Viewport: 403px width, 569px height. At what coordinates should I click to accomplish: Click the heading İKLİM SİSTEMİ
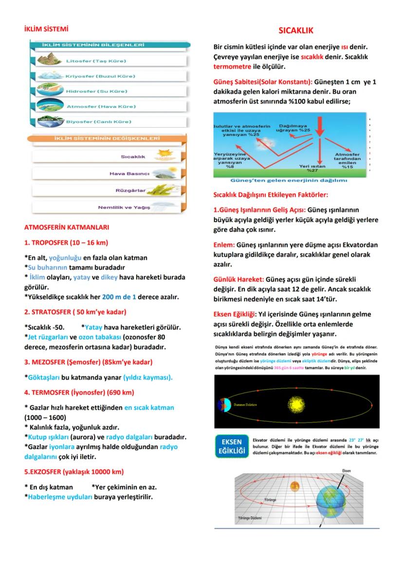[46, 29]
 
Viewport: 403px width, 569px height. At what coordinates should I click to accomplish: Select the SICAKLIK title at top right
[295, 31]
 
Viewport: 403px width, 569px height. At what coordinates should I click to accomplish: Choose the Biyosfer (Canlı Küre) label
[98, 121]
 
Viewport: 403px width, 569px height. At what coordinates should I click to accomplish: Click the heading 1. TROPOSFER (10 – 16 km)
[66, 242]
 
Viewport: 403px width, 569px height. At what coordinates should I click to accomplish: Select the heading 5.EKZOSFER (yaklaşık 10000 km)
[74, 471]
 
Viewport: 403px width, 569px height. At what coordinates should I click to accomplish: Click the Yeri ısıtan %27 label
[312, 168]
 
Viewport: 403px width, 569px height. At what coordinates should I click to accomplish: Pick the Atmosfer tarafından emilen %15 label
[348, 161]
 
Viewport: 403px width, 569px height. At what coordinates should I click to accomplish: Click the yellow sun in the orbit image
[294, 404]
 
